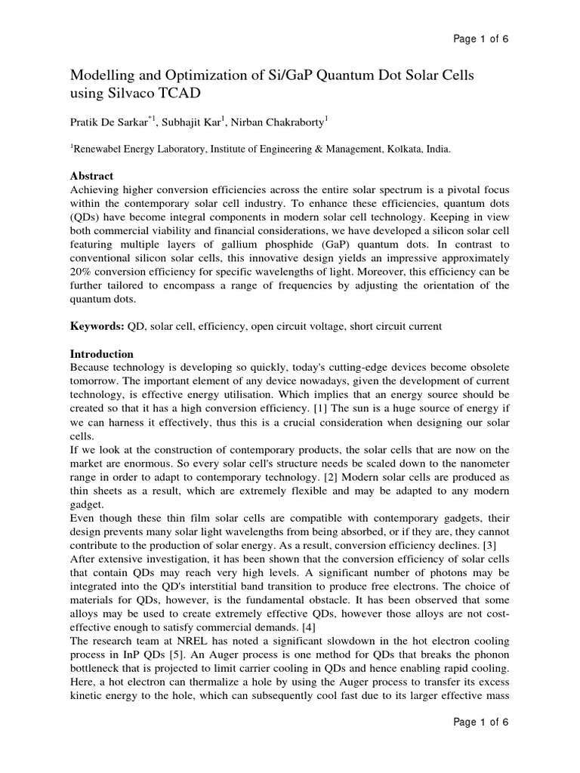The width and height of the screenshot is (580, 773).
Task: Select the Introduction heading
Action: pyautogui.click(x=102, y=354)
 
